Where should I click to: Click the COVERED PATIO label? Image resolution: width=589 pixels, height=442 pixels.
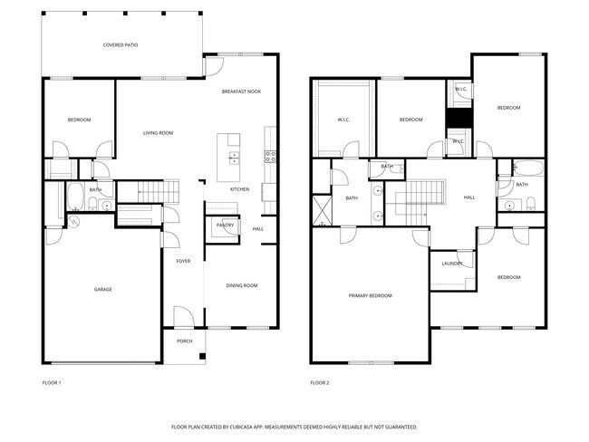pyautogui.click(x=121, y=44)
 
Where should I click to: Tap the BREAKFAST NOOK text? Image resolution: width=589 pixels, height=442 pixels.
pyautogui.click(x=241, y=91)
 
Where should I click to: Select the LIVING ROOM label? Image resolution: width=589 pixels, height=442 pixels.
pyautogui.click(x=158, y=133)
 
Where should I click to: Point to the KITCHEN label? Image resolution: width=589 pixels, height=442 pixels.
pyautogui.click(x=239, y=189)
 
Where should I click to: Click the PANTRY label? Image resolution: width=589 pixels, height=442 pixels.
pyautogui.click(x=225, y=225)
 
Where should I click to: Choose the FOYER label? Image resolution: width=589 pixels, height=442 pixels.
pyautogui.click(x=183, y=261)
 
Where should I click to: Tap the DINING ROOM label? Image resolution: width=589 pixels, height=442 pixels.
pyautogui.click(x=242, y=285)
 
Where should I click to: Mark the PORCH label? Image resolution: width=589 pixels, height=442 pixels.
pyautogui.click(x=184, y=341)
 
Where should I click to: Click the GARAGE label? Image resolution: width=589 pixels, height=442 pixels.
pyautogui.click(x=103, y=290)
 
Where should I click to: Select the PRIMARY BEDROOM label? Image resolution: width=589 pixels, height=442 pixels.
pyautogui.click(x=371, y=296)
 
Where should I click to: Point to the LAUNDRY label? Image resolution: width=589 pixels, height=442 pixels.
pyautogui.click(x=452, y=264)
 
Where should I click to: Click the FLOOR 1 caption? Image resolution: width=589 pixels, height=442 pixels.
pyautogui.click(x=52, y=383)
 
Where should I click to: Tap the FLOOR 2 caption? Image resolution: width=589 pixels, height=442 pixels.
pyautogui.click(x=320, y=383)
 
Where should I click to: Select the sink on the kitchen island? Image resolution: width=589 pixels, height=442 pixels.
pyautogui.click(x=234, y=157)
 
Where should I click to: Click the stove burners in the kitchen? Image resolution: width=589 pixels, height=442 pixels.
pyautogui.click(x=269, y=155)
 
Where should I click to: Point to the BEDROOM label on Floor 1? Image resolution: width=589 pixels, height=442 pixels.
pyautogui.click(x=79, y=120)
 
